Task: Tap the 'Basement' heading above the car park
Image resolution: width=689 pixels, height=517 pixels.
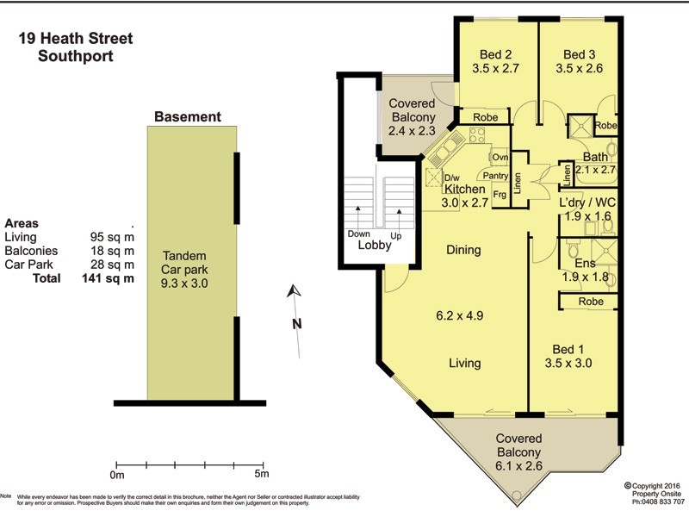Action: coord(187,117)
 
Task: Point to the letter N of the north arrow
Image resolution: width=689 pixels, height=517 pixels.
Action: coord(295,325)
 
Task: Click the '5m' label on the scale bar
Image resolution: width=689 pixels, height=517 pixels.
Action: coord(261,475)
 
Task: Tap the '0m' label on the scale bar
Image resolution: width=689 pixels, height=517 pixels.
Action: coord(117,475)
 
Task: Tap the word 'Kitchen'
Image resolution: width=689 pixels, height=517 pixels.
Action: coord(465,189)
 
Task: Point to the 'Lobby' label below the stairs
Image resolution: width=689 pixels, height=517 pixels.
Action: coord(374,245)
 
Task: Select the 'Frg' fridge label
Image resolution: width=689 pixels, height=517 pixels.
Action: coord(499,194)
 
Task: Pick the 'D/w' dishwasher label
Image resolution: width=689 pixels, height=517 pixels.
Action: coord(451,178)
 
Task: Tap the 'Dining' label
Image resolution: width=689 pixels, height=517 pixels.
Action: coord(463,250)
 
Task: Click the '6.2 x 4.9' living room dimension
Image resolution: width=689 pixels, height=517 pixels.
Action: coord(459,315)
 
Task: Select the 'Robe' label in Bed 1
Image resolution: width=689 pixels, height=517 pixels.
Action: coord(590,302)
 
